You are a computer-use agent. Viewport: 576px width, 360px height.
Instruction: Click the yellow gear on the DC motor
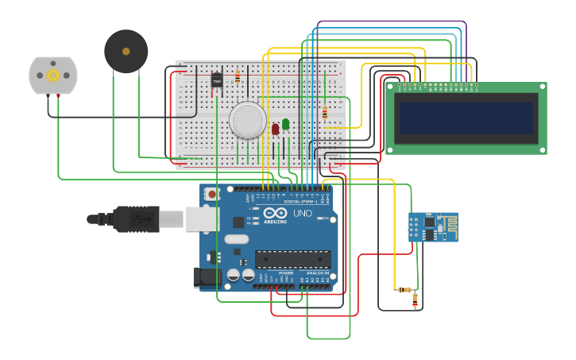53,75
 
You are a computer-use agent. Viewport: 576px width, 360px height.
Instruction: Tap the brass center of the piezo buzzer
126,52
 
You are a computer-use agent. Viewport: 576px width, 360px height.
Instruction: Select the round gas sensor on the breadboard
247,120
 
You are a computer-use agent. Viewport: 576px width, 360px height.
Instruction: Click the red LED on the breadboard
275,129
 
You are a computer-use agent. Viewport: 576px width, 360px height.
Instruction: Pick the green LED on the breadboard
285,125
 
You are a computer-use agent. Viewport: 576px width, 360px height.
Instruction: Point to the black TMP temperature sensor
217,80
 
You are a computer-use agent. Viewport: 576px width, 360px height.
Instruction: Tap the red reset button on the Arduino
212,194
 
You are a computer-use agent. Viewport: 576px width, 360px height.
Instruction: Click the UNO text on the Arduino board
303,213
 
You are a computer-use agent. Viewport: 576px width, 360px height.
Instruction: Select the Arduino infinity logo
275,213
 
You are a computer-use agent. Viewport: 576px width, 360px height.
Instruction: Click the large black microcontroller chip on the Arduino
292,259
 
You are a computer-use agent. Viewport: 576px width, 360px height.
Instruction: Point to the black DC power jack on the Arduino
206,277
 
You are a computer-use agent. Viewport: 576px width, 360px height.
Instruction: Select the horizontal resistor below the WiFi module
405,289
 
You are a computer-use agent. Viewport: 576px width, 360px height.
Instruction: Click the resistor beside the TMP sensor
237,77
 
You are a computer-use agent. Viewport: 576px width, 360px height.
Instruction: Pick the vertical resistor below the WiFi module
415,300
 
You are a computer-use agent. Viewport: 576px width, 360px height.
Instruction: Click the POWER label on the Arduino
285,273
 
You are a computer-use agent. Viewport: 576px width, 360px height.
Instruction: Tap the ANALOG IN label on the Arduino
318,273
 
